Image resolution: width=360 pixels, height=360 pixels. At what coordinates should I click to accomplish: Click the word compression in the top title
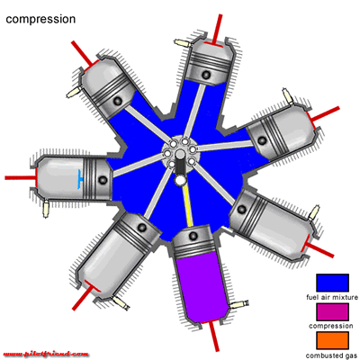coord(40,19)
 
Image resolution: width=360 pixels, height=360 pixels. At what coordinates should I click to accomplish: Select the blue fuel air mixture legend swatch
coord(332,283)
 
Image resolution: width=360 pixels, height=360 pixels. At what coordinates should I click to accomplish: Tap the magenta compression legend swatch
coord(332,311)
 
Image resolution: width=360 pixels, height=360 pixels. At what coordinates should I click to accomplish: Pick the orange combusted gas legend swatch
coord(332,340)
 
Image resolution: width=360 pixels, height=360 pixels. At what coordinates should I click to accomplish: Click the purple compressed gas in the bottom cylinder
coord(201,286)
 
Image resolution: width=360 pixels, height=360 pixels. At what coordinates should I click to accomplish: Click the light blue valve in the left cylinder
coord(79,179)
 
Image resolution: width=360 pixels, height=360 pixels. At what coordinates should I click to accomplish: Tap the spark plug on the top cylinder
coord(183,43)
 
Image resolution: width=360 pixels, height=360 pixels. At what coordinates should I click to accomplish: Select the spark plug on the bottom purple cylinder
coord(238,305)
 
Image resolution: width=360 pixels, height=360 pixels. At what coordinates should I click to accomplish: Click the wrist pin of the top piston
coord(206,75)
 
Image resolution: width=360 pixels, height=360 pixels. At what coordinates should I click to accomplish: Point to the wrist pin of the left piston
coord(103,180)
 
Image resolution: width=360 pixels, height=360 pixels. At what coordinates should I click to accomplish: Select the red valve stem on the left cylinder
coord(21,178)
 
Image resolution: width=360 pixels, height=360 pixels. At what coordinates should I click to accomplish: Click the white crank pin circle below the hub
coord(181,180)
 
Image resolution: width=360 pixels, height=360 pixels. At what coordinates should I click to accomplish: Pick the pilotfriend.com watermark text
coord(46,354)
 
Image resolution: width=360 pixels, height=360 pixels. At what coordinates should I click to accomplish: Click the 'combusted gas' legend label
coord(332,355)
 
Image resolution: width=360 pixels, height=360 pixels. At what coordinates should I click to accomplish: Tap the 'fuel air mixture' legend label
coord(332,297)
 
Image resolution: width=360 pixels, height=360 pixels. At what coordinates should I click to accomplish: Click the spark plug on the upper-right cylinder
coord(288,96)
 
